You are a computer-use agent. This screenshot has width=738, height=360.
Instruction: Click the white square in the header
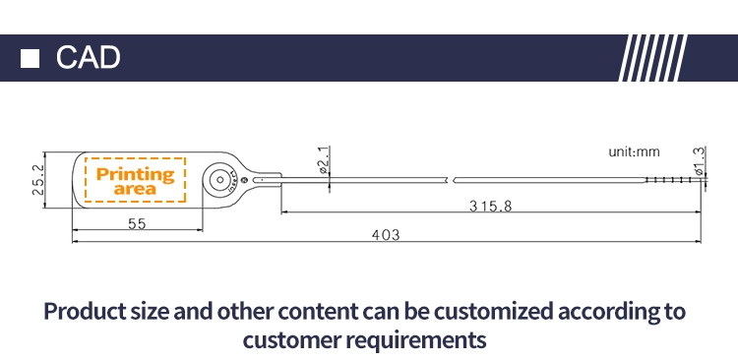[x=30, y=58]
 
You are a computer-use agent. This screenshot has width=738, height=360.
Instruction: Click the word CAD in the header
[x=88, y=58]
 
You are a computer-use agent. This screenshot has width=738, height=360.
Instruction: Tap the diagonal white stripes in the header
[x=652, y=58]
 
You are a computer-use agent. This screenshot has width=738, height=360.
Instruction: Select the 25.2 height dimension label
[x=38, y=180]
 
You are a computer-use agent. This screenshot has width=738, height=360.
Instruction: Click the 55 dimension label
[x=137, y=224]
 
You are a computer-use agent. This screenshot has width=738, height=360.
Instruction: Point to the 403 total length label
[x=386, y=235]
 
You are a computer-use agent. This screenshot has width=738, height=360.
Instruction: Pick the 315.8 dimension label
[x=490, y=207]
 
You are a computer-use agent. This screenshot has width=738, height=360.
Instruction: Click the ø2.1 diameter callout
[x=323, y=160]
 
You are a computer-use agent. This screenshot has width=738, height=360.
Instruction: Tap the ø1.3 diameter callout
[x=699, y=161]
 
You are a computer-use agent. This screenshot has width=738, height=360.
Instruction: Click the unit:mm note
[x=634, y=152]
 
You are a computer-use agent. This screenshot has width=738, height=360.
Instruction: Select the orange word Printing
[x=135, y=175]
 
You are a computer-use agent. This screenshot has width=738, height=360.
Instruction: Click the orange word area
[x=135, y=189]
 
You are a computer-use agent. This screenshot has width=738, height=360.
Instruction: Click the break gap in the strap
[x=452, y=180]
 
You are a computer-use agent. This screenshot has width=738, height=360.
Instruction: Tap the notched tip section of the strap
[x=673, y=180]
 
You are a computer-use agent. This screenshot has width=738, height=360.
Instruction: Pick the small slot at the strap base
[x=262, y=180]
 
